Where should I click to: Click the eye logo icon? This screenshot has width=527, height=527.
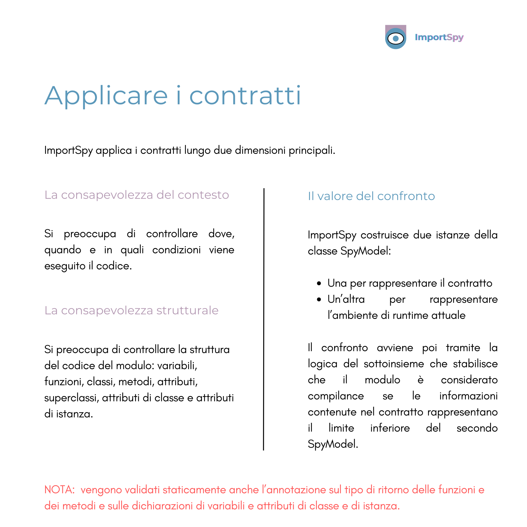[395, 38]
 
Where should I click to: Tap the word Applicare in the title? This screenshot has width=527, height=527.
[106, 96]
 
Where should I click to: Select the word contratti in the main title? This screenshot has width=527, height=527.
[245, 96]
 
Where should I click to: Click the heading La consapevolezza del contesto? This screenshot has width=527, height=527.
[137, 195]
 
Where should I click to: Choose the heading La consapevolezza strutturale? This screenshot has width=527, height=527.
[132, 310]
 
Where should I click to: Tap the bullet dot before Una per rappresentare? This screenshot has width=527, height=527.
[319, 283]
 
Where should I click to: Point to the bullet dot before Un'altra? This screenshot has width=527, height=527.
[319, 300]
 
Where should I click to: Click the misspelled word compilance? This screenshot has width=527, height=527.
[336, 396]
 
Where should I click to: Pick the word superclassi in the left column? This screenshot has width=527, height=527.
[71, 398]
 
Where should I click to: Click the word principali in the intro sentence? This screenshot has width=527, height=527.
[312, 150]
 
